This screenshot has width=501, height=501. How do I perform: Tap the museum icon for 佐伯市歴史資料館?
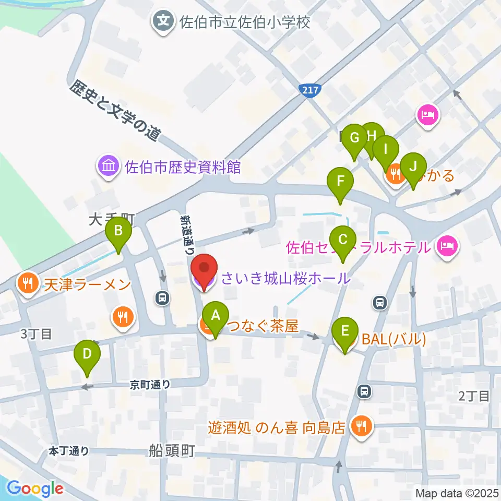109,167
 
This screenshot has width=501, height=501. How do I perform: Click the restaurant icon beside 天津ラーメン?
26,284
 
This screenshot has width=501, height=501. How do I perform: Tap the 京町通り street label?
150,385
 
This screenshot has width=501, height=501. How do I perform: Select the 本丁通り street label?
69,450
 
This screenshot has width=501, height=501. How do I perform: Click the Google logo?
35,488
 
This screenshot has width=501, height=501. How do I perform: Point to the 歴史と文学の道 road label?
114,110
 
